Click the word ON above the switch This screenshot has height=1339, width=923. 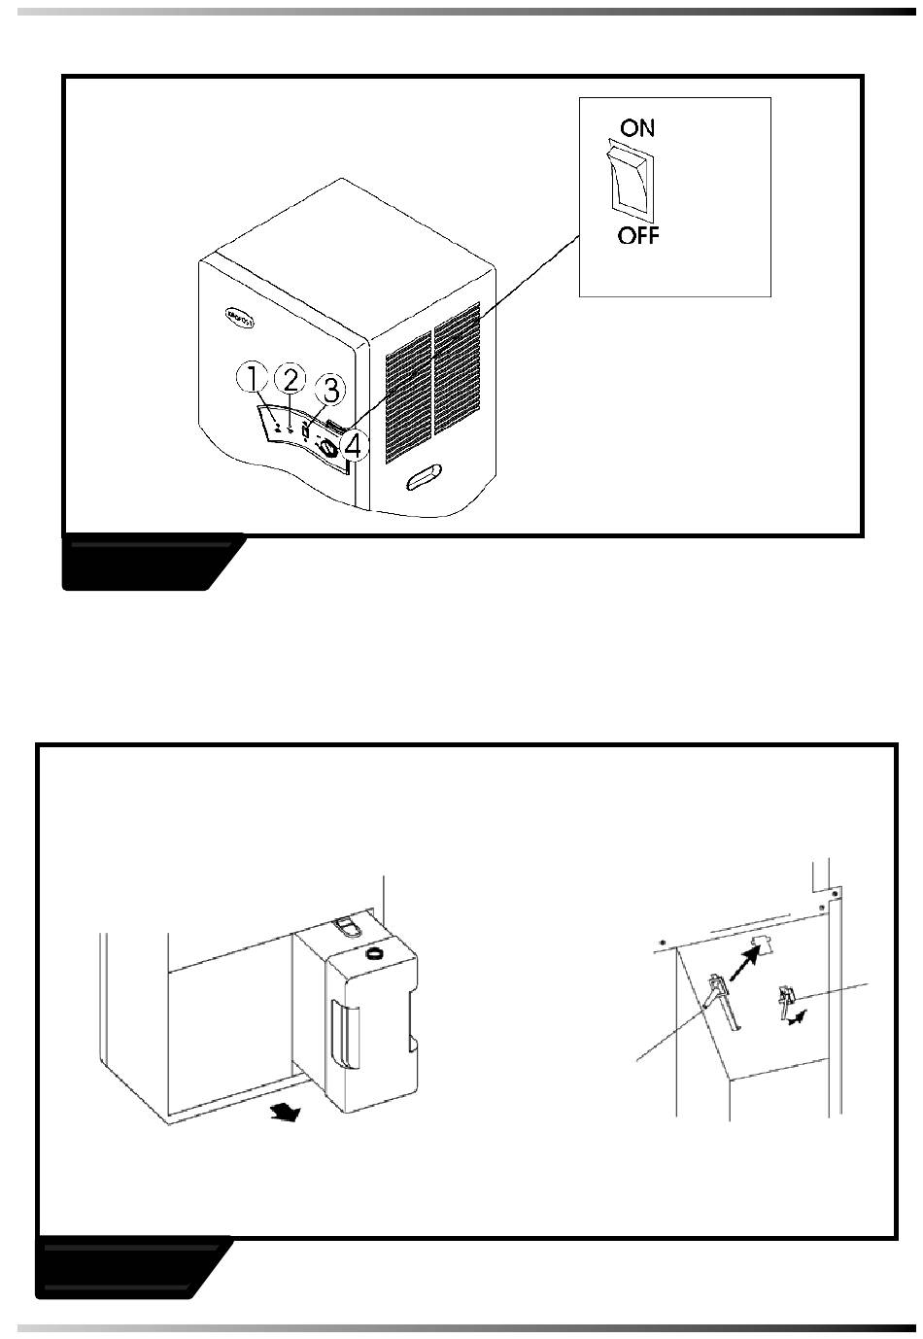coord(636,127)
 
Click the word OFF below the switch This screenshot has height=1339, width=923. coord(638,235)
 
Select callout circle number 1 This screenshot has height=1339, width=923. coord(252,377)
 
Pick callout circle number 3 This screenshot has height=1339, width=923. coord(330,390)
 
